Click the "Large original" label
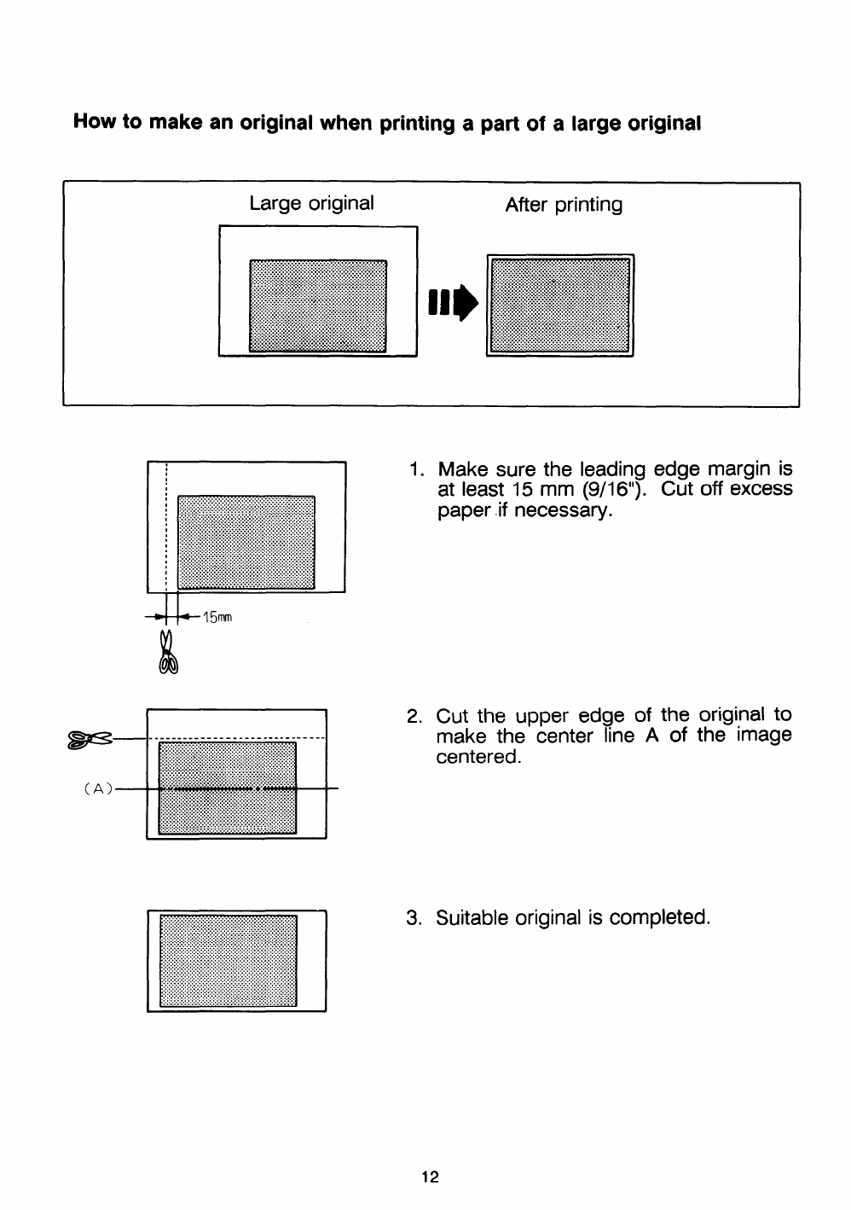tap(311, 204)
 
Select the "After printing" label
tap(564, 205)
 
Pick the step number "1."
tap(416, 469)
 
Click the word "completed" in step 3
tap(659, 918)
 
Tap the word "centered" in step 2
tap(477, 757)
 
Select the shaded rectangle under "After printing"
tap(560, 305)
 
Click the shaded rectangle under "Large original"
tap(317, 305)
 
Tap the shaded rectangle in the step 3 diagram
tap(228, 960)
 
